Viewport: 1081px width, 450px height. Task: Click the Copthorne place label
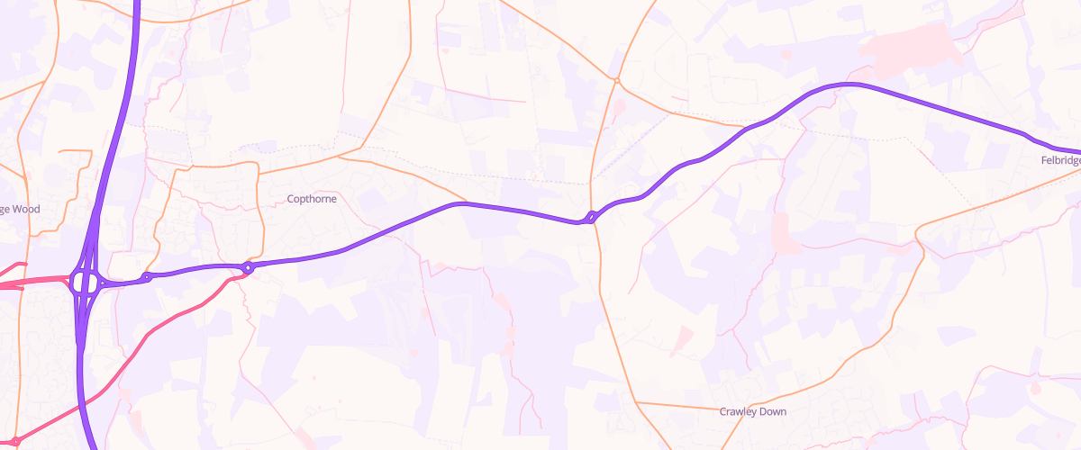tap(311, 199)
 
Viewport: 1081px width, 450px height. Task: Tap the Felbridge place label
tap(1059, 159)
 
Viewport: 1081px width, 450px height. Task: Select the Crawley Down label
tap(752, 411)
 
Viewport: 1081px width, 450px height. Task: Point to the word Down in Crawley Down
tap(772, 411)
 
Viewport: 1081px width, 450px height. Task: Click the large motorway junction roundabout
tap(85, 283)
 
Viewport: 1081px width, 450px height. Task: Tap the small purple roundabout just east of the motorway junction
tap(147, 277)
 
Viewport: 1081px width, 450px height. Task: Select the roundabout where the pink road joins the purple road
tap(248, 267)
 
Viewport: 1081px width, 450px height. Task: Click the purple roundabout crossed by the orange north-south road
tap(590, 217)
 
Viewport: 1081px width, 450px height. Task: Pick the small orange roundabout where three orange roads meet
tap(617, 81)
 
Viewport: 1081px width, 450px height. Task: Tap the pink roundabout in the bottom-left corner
tap(15, 441)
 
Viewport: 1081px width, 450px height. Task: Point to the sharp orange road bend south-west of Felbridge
tap(917, 237)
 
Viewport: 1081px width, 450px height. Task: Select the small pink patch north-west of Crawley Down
tap(682, 339)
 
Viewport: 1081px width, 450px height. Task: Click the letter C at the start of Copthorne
tap(290, 199)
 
